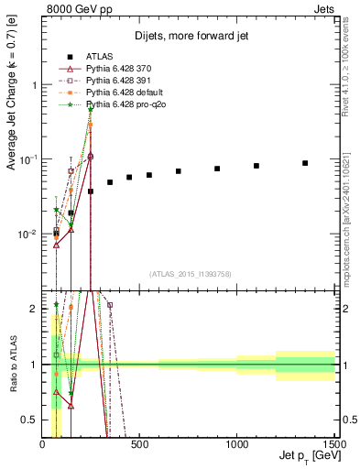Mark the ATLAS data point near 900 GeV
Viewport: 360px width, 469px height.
click(x=217, y=169)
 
